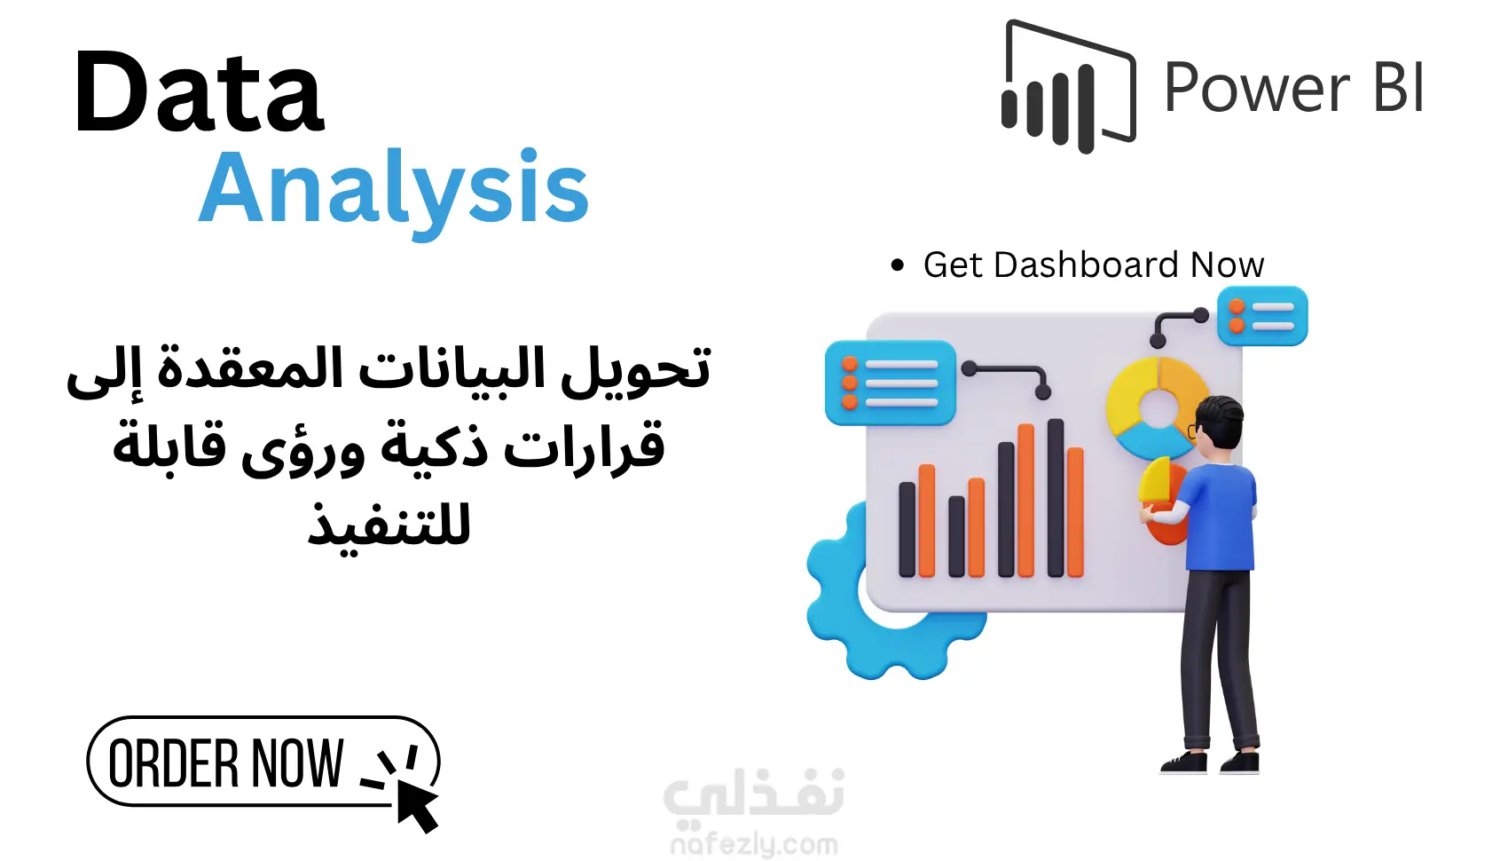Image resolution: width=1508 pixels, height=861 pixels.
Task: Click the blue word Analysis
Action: [395, 191]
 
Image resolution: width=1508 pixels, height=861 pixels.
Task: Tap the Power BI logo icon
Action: [1068, 86]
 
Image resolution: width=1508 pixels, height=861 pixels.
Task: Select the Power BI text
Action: [1294, 88]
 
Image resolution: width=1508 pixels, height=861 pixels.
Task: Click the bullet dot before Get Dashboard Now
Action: [898, 265]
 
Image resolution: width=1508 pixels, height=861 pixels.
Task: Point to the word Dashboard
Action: [1086, 265]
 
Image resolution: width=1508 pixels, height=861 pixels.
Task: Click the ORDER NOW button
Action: [263, 762]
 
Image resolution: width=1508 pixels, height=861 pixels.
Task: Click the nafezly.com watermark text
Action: [754, 845]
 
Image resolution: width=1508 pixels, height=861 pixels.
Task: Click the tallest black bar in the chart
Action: [1056, 498]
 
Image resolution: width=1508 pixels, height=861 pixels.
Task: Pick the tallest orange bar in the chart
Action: [1026, 500]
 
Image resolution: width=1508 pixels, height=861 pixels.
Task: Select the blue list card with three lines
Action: [890, 383]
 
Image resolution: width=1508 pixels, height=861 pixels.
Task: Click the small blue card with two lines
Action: [1262, 316]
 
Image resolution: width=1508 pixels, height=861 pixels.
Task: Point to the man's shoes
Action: [1210, 762]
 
